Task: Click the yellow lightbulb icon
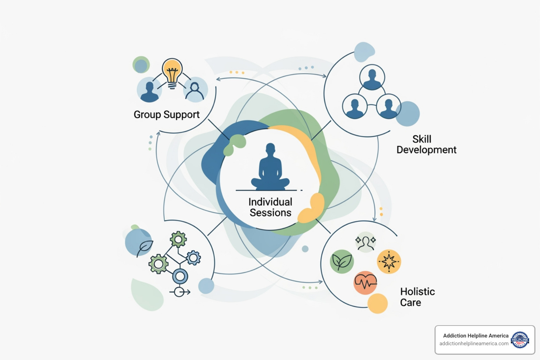(x=172, y=72)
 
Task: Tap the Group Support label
(x=166, y=115)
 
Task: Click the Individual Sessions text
(x=270, y=207)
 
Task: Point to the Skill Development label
(x=426, y=144)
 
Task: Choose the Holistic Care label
(x=417, y=297)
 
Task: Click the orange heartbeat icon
(x=365, y=282)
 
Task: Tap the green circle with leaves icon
(x=342, y=262)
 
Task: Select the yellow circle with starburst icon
(x=389, y=262)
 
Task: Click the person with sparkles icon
(x=366, y=242)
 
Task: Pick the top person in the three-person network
(x=372, y=78)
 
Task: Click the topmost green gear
(x=178, y=240)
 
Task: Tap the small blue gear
(x=193, y=258)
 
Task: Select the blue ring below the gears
(x=180, y=276)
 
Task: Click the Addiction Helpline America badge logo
(x=520, y=340)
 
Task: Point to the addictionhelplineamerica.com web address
(x=474, y=343)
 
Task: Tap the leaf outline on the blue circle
(x=144, y=247)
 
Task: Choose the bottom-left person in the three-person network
(x=355, y=106)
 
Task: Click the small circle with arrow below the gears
(x=180, y=292)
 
